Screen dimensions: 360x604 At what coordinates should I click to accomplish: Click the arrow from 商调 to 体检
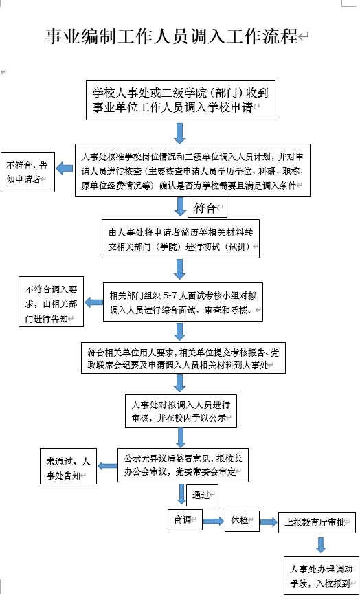click(x=214, y=521)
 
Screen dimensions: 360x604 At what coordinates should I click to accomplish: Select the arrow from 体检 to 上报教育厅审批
click(x=269, y=522)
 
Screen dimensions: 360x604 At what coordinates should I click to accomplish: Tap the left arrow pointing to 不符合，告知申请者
click(x=65, y=168)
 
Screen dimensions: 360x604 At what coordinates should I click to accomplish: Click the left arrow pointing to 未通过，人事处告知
click(x=107, y=466)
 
